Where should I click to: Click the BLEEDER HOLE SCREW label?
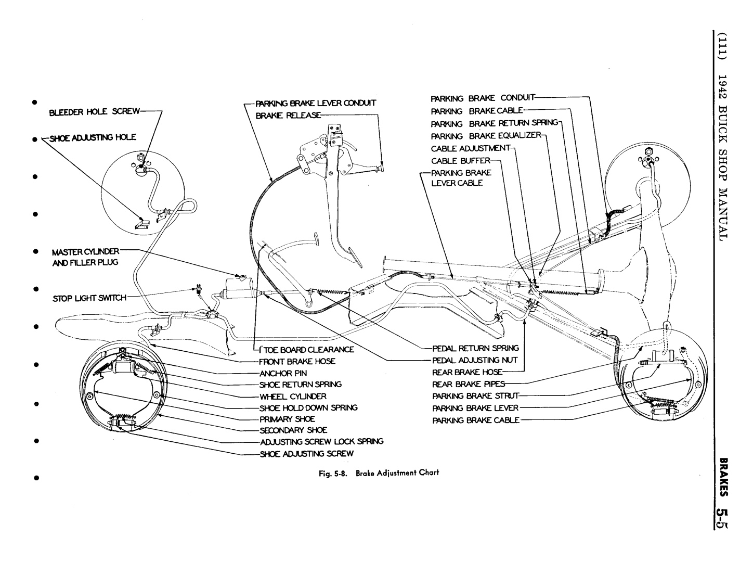click(94, 111)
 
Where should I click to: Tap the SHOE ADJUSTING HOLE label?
click(93, 137)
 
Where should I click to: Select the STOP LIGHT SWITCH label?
click(89, 298)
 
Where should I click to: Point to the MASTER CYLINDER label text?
click(85, 252)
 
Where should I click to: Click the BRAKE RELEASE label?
click(288, 115)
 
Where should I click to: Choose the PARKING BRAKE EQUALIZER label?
click(486, 136)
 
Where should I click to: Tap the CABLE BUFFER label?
click(461, 161)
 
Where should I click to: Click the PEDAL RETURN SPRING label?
click(475, 348)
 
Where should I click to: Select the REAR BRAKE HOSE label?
click(468, 372)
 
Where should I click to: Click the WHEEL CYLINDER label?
click(293, 396)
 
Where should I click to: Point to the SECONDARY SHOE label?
click(293, 430)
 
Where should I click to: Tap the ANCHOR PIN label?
click(283, 373)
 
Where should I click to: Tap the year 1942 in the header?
click(722, 91)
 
